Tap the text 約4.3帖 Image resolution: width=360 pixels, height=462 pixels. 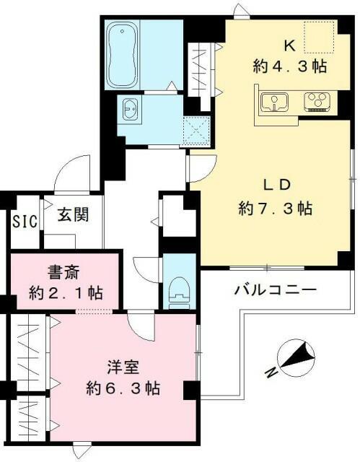tap(289, 66)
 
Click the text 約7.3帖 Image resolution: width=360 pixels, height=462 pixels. tap(276, 209)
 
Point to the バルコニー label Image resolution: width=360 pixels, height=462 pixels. tap(275, 291)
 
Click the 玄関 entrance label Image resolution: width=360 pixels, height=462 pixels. tap(74, 214)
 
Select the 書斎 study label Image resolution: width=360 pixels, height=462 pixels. tap(63, 273)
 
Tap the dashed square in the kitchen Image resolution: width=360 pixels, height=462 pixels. tap(318, 38)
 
